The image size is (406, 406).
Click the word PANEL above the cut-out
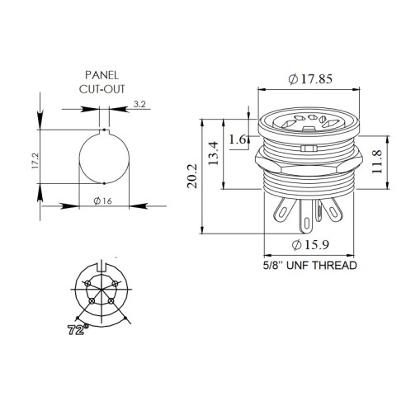tap(101, 75)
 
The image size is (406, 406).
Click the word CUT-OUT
tap(102, 89)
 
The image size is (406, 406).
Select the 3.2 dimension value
tap(139, 104)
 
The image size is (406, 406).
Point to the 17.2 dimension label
tap(35, 161)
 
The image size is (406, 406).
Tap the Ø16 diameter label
tap(102, 201)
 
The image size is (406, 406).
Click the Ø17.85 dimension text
tap(310, 79)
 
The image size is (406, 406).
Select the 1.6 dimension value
tap(238, 139)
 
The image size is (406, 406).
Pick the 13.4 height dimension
tap(214, 153)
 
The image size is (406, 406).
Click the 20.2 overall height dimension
tap(192, 176)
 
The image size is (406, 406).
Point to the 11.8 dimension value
tap(377, 162)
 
